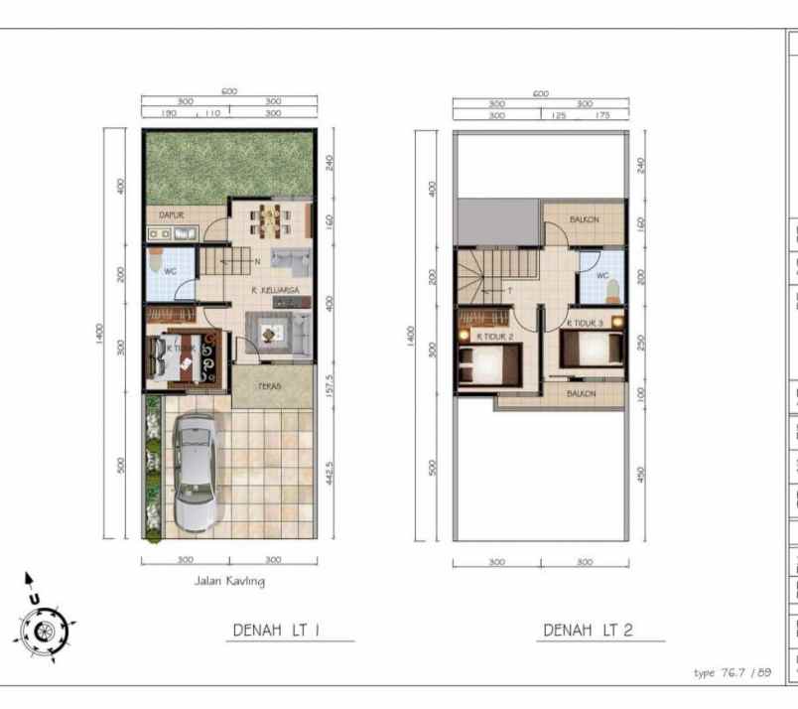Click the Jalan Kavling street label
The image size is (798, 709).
tap(229, 581)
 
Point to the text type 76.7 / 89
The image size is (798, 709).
tap(732, 672)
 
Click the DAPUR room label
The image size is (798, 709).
tap(172, 213)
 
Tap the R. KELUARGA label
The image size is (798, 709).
tap(275, 290)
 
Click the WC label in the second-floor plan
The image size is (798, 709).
tap(601, 276)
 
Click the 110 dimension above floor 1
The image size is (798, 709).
tap(211, 114)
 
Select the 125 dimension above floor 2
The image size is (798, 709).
tap(559, 115)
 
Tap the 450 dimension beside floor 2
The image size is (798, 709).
tap(641, 475)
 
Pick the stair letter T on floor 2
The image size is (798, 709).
tap(509, 291)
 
